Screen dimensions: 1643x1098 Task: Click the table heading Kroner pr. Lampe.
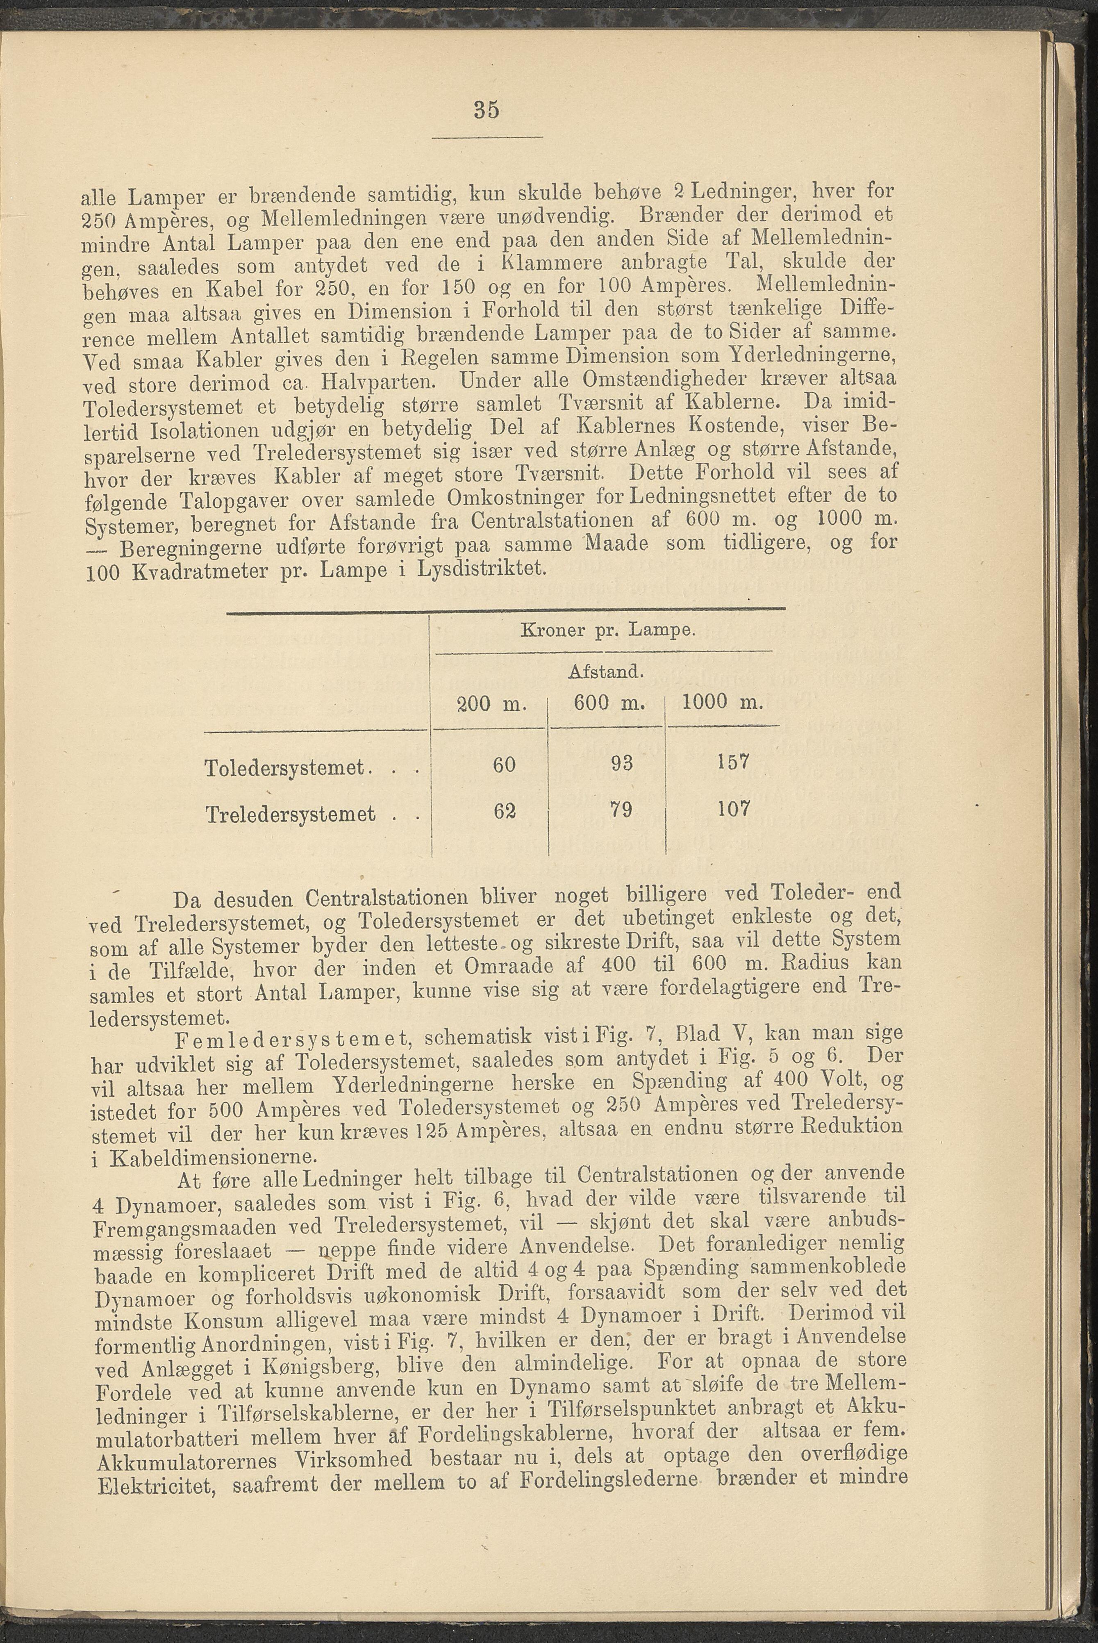[x=607, y=630]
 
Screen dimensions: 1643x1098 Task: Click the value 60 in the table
[x=504, y=764]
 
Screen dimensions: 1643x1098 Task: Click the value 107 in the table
[x=733, y=808]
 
